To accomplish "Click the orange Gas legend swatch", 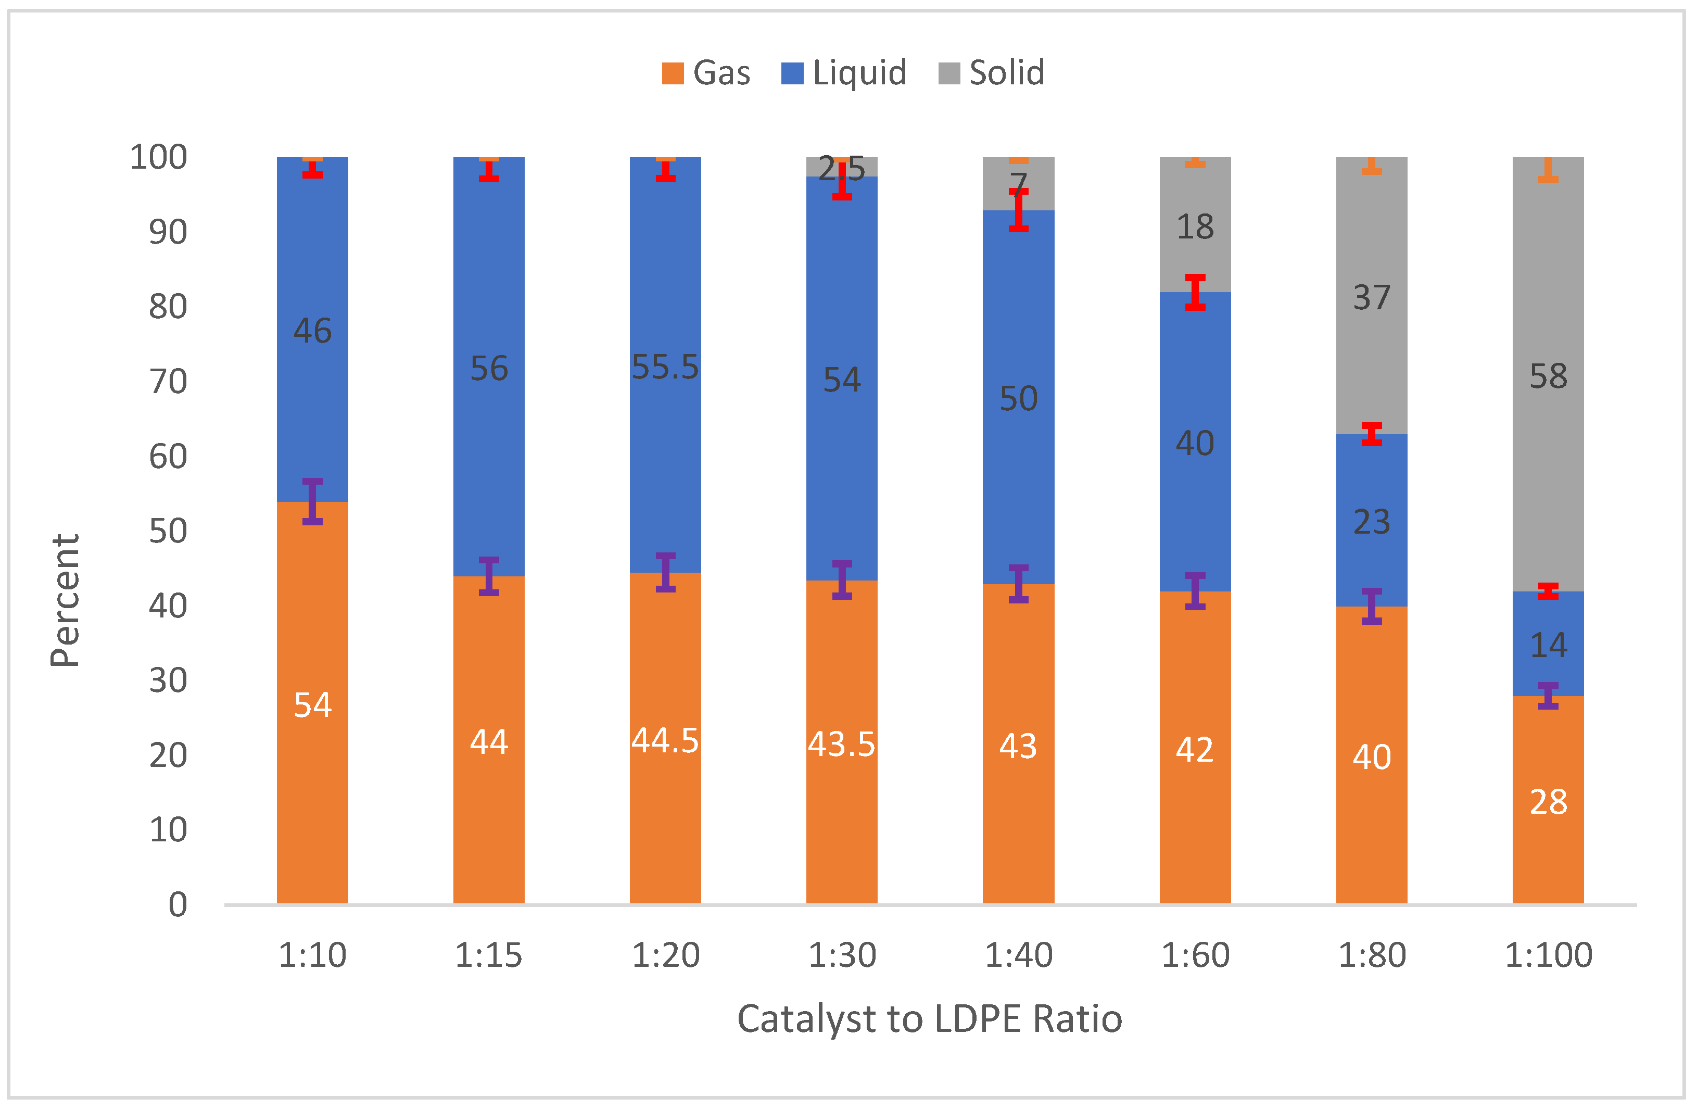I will [673, 73].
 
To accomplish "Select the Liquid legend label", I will [859, 73].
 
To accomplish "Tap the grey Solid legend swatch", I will [948, 73].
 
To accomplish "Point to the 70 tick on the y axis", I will [168, 382].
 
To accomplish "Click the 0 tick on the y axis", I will [178, 904].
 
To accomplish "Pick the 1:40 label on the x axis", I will [1018, 955].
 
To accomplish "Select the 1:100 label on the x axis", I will [1548, 955].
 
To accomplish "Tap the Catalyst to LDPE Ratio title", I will [929, 1019].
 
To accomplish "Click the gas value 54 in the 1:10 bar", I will [312, 705].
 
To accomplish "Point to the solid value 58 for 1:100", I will [1548, 376].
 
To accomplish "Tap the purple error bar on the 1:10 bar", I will [312, 501].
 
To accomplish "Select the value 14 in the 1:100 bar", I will [1548, 646].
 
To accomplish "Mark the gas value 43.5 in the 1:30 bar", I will [841, 745].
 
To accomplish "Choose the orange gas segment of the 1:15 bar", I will [488, 821].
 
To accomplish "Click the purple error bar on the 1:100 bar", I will [1548, 696].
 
